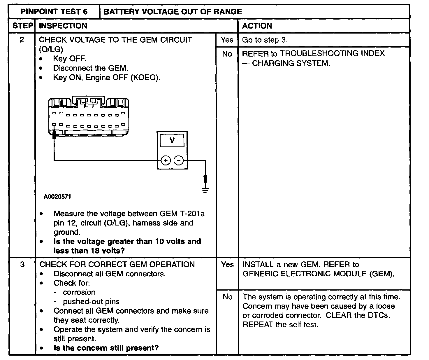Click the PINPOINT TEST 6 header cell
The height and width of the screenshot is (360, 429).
pyautogui.click(x=54, y=12)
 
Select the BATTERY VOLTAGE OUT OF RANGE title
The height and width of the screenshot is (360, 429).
pyautogui.click(x=173, y=12)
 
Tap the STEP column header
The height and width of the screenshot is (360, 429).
pyautogui.click(x=22, y=26)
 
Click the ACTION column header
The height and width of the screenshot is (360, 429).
pyautogui.click(x=257, y=26)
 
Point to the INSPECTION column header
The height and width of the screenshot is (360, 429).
pyautogui.click(x=63, y=26)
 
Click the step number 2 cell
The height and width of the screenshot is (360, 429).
pyautogui.click(x=22, y=40)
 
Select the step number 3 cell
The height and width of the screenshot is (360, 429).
pyautogui.click(x=22, y=265)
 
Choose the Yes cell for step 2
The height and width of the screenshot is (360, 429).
pyautogui.click(x=227, y=40)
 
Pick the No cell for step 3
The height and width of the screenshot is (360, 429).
pyautogui.click(x=227, y=297)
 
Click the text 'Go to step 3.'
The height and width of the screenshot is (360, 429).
pyautogui.click(x=265, y=40)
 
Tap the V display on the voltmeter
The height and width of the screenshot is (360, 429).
pyautogui.click(x=172, y=140)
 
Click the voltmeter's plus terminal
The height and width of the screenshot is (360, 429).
pyautogui.click(x=166, y=160)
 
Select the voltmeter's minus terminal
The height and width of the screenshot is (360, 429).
pyautogui.click(x=179, y=160)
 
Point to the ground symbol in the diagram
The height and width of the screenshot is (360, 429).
pyautogui.click(x=205, y=190)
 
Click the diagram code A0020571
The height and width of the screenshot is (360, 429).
pyautogui.click(x=57, y=197)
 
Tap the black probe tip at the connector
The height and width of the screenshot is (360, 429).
pyautogui.click(x=54, y=135)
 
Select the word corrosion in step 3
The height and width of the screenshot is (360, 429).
pyautogui.click(x=79, y=292)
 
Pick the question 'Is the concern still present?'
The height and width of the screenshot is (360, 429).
pyautogui.click(x=106, y=348)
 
